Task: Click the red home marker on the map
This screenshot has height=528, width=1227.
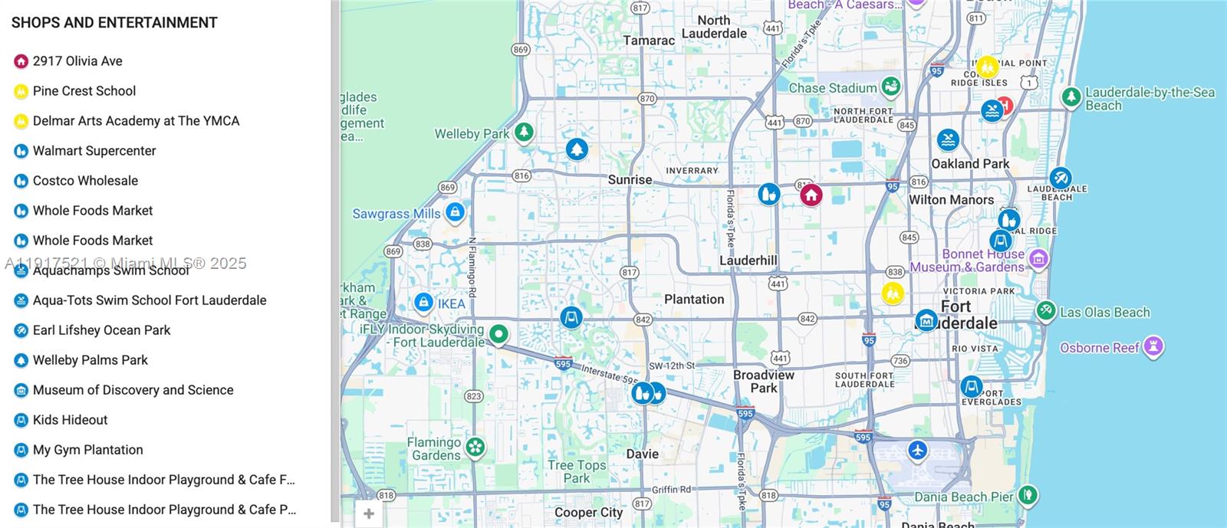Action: (x=811, y=195)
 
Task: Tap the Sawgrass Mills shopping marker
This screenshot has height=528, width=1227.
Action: (x=455, y=212)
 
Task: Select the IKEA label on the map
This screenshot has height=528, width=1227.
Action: (x=452, y=303)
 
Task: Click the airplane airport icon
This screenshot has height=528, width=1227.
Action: (x=917, y=450)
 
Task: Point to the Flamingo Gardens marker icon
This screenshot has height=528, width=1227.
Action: (x=475, y=447)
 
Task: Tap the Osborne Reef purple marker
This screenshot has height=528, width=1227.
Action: (x=1153, y=346)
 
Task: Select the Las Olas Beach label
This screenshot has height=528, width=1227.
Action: (x=1104, y=312)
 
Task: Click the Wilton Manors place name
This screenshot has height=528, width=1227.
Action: (x=951, y=199)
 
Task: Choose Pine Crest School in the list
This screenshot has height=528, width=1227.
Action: (x=84, y=91)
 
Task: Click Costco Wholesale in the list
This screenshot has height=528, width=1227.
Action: (x=85, y=181)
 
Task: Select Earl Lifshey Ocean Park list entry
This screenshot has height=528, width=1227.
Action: (x=101, y=330)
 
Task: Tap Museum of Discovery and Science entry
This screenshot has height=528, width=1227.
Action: (x=133, y=390)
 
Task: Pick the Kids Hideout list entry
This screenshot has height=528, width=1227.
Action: (x=70, y=420)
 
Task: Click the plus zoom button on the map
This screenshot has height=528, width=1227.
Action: (x=369, y=513)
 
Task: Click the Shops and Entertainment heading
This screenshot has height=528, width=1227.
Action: (x=114, y=23)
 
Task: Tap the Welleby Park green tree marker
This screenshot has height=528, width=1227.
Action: (x=524, y=133)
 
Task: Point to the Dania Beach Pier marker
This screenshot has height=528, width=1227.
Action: (x=1027, y=495)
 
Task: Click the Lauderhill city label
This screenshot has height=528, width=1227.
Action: (x=748, y=261)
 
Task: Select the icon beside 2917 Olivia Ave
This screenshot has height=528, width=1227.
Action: (x=21, y=61)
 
